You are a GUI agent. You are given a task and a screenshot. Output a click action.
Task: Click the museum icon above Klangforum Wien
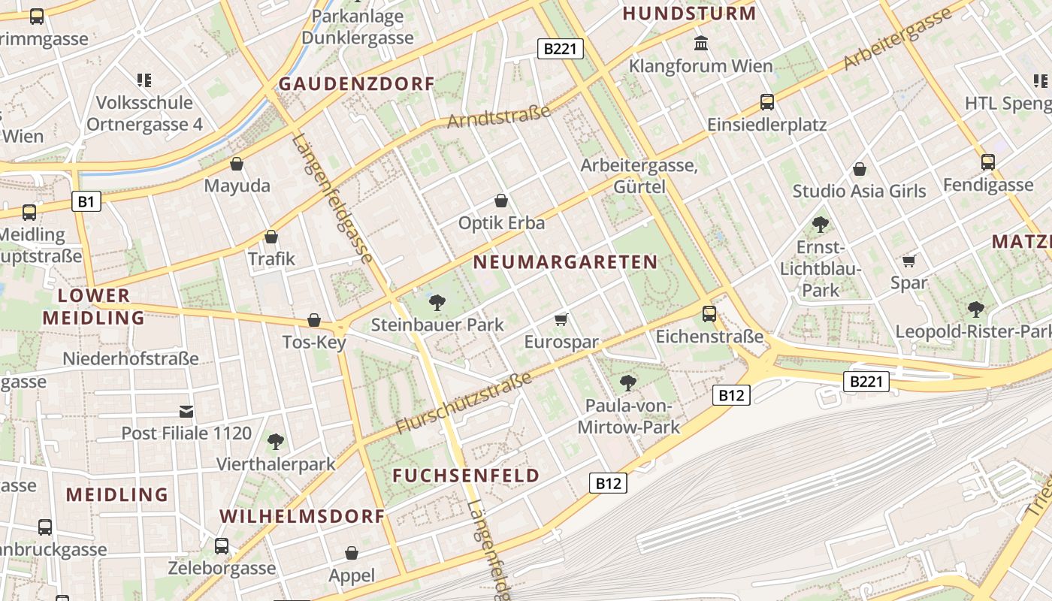(x=701, y=43)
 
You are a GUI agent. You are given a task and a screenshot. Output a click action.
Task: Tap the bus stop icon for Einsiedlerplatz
(x=766, y=101)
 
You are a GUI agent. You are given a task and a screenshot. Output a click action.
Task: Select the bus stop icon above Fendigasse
(x=987, y=162)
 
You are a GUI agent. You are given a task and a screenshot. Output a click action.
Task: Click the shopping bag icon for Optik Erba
(x=501, y=201)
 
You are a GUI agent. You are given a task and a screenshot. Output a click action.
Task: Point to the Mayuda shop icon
(x=237, y=163)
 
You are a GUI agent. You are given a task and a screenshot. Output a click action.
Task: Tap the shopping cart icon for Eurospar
(x=561, y=319)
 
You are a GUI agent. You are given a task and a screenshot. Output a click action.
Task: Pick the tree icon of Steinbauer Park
(x=437, y=303)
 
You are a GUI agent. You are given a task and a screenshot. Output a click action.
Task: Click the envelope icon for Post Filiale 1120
(x=186, y=411)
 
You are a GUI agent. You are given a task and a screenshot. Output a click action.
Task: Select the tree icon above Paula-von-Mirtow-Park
(x=628, y=383)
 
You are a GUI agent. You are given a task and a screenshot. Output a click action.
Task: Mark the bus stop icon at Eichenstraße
(x=709, y=314)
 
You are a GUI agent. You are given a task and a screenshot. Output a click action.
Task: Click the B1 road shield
(x=86, y=201)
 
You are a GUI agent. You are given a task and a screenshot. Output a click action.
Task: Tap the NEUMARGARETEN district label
(x=566, y=262)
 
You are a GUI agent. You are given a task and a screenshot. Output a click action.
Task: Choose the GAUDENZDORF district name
(x=357, y=83)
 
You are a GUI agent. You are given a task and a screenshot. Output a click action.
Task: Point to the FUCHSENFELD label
(x=466, y=475)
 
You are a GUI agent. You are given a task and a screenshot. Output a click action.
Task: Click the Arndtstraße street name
(x=499, y=116)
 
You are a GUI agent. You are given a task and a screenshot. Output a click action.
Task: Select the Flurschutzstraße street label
(x=464, y=403)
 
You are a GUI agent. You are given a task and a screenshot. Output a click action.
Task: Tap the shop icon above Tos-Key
(x=314, y=320)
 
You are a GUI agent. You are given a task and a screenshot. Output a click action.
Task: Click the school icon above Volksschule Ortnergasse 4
(x=144, y=80)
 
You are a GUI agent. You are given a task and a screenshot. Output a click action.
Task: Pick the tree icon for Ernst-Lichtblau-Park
(x=820, y=224)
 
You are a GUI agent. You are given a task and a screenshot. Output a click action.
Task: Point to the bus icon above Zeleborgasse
(x=222, y=545)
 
